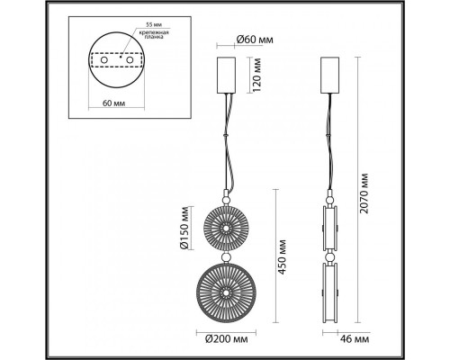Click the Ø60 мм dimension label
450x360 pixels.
[255, 40]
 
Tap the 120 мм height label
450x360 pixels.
[257, 75]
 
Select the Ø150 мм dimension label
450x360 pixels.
[184, 228]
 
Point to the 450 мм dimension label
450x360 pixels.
[282, 256]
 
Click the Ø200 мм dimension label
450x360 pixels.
[227, 339]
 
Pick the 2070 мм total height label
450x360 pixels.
[364, 193]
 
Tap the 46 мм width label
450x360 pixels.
[355, 339]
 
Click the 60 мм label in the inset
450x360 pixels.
[114, 103]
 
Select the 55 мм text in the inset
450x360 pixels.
[152, 24]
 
